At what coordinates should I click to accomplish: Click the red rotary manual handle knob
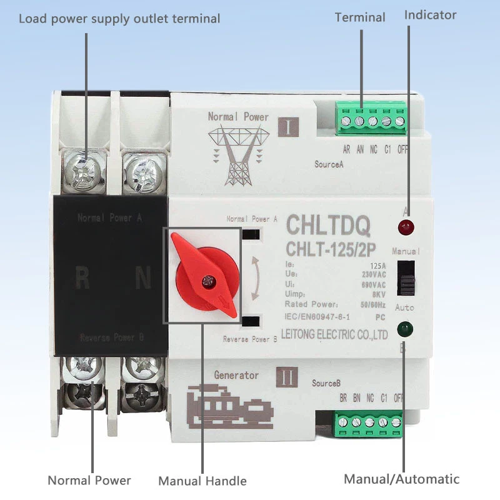[204, 276]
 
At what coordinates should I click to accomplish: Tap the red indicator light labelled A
[407, 226]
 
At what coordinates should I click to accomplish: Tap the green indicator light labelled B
[407, 328]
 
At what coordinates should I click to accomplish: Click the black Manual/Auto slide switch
[407, 276]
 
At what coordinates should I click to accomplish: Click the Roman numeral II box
[287, 377]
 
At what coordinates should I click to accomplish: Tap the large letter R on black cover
[82, 278]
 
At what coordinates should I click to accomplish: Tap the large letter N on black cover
[141, 278]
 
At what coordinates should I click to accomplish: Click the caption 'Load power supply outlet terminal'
[119, 19]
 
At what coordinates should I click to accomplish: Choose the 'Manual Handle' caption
[202, 481]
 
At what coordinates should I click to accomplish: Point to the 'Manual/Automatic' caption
[401, 479]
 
